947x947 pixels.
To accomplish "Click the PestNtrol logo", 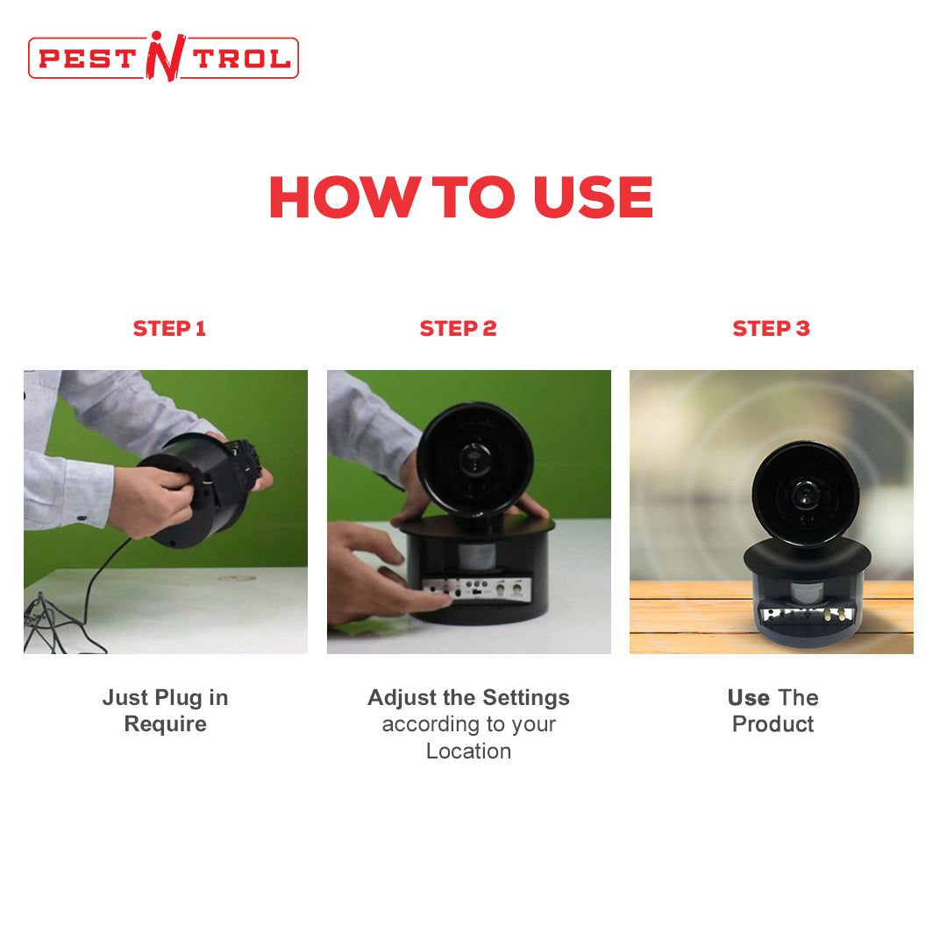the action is click(163, 57).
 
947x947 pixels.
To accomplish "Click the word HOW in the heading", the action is click(345, 197).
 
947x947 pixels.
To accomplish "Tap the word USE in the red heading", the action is click(593, 197).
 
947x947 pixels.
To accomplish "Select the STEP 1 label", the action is click(170, 329).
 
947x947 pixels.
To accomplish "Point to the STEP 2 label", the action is click(459, 329).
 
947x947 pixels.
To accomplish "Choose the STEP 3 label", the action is click(772, 329).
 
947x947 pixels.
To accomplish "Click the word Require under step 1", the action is click(166, 724).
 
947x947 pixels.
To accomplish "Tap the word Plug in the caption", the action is click(178, 698).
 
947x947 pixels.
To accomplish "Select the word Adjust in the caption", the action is click(402, 698).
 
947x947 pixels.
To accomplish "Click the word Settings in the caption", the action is click(526, 698).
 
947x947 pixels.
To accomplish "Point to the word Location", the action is click(468, 751).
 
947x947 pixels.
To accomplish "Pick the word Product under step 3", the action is click(773, 724).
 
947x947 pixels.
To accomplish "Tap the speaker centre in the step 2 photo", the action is click(474, 459).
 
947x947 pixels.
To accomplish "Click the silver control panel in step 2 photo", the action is click(477, 589).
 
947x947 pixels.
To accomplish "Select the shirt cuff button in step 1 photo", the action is click(82, 517).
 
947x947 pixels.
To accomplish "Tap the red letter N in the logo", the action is click(164, 57).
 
